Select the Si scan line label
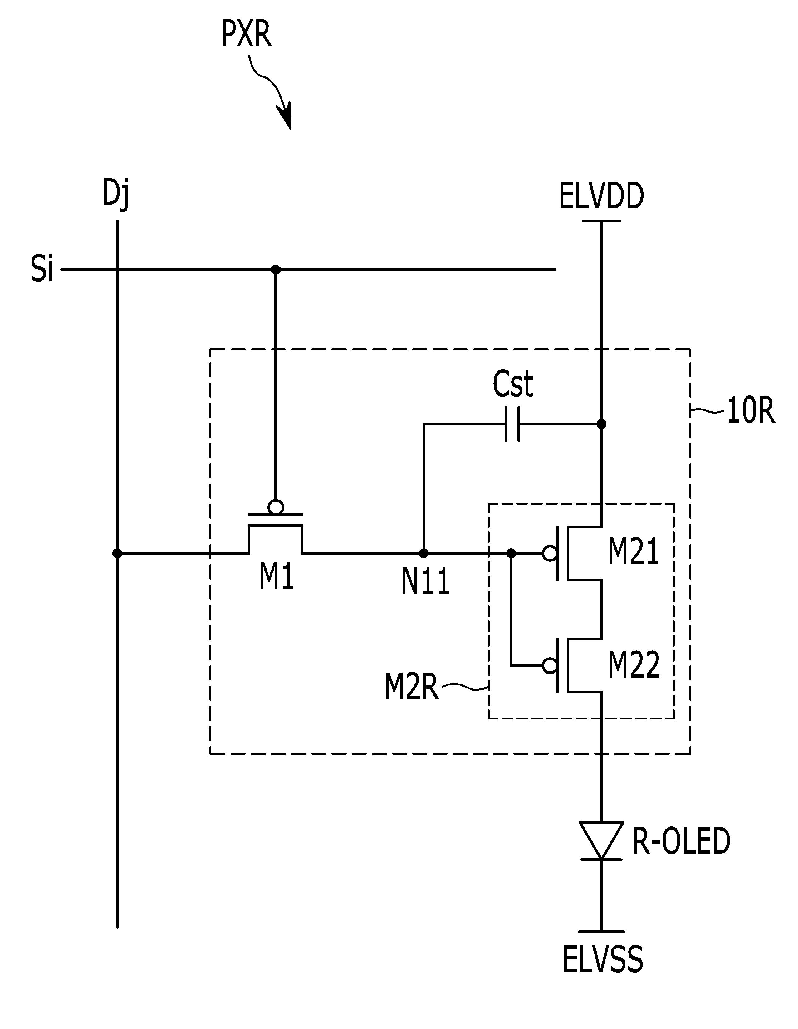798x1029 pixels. click(42, 270)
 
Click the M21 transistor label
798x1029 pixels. click(634, 552)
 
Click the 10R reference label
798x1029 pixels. click(751, 410)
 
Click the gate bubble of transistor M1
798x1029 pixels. click(276, 508)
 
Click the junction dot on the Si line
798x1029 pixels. click(276, 270)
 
